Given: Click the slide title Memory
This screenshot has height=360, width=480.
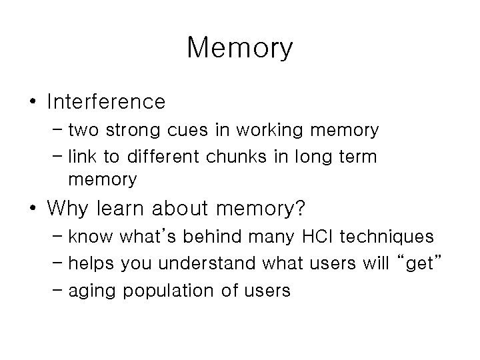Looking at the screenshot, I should (240, 47).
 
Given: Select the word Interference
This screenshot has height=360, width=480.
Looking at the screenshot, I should (106, 102).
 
